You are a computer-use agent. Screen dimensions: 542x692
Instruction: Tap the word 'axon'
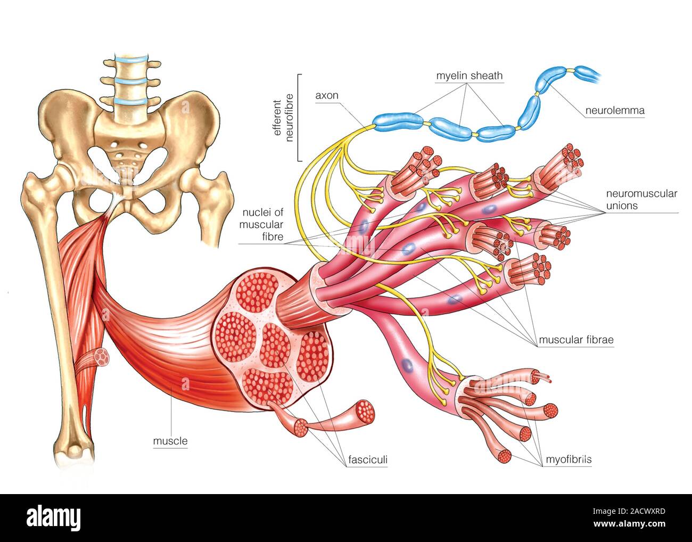click(326, 96)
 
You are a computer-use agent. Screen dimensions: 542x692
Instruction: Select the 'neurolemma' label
click(615, 111)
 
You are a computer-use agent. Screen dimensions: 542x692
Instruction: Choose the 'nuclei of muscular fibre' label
click(261, 224)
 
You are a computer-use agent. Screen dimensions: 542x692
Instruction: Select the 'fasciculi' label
click(367, 459)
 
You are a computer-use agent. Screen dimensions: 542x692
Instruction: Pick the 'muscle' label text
click(170, 441)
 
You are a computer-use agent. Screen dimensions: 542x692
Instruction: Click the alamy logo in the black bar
click(53, 517)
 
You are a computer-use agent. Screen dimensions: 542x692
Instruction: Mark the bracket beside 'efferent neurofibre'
click(299, 117)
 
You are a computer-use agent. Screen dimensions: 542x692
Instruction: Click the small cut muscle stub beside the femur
click(100, 357)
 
